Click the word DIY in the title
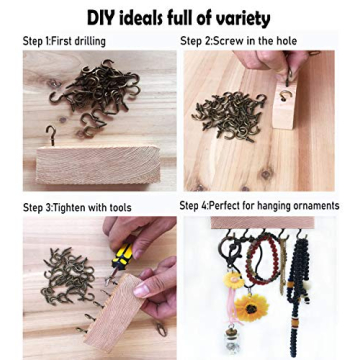pos(109,18)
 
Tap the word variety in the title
pos(237,18)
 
